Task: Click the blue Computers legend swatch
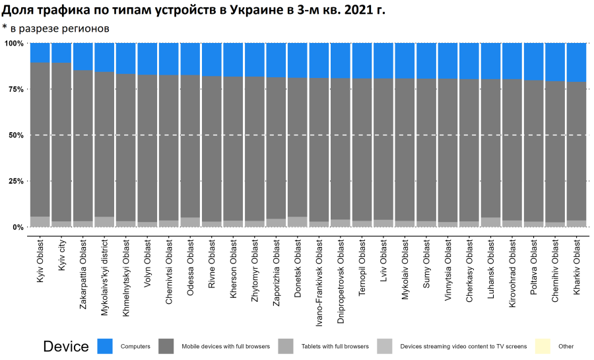point(105,346)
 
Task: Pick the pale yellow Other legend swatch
point(543,346)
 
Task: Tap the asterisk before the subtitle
point(5,27)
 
